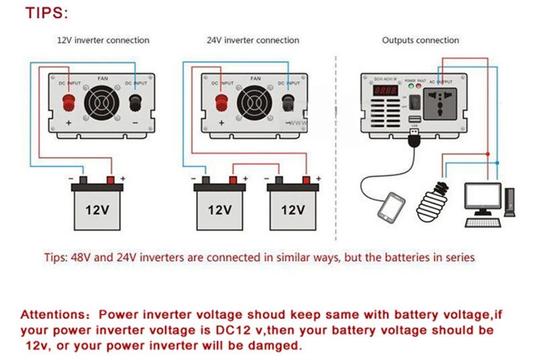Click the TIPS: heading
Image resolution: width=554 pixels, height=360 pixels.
pos(47,13)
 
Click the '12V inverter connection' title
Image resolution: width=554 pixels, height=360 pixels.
pos(104,40)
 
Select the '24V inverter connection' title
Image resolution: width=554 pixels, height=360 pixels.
pos(253,40)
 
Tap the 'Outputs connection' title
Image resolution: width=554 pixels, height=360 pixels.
pos(420,40)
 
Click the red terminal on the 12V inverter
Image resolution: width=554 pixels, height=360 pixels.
pos(70,102)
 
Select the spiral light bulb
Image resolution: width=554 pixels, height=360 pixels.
pos(434,200)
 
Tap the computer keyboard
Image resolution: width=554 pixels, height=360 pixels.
pos(481,223)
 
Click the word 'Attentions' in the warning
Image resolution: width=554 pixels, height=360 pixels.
pos(50,315)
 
